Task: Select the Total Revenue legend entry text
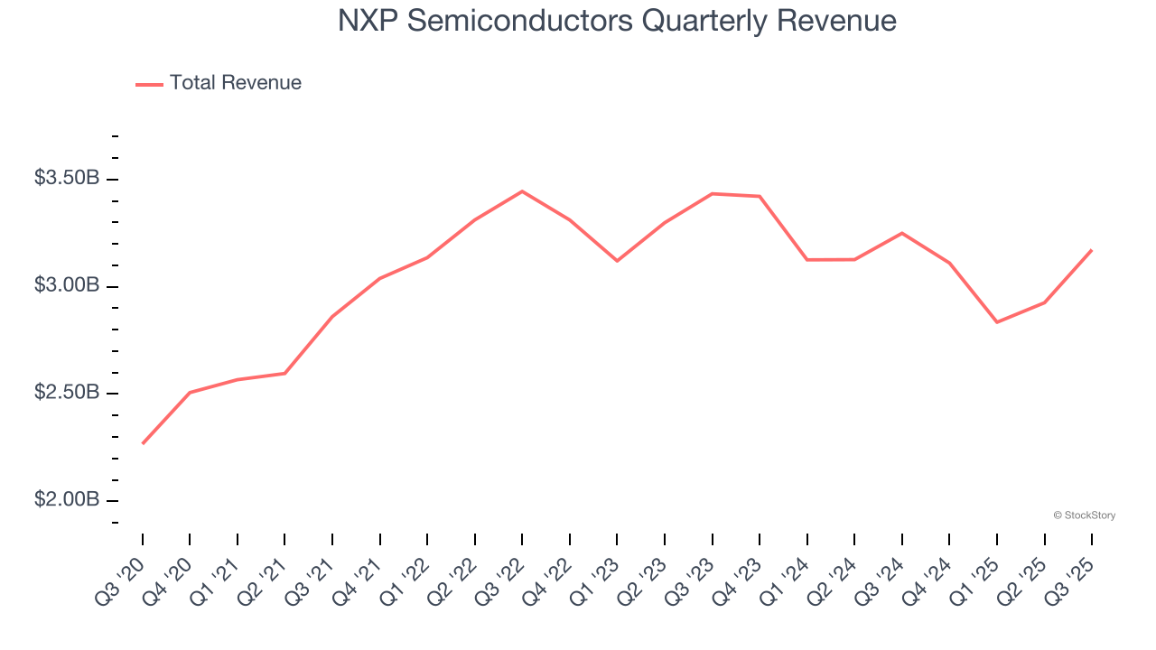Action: click(236, 83)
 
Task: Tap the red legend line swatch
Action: click(149, 84)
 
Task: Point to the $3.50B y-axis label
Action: click(67, 178)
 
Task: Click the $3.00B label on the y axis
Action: click(67, 285)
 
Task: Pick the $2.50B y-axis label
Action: click(67, 393)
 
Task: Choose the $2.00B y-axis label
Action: click(67, 500)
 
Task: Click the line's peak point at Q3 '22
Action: click(522, 191)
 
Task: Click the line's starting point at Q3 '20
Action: click(143, 443)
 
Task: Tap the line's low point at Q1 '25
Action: click(997, 322)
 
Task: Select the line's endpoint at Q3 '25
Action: click(1092, 250)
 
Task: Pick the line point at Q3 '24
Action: click(902, 233)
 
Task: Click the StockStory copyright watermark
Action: click(1084, 515)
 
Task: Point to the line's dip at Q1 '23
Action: click(617, 261)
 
